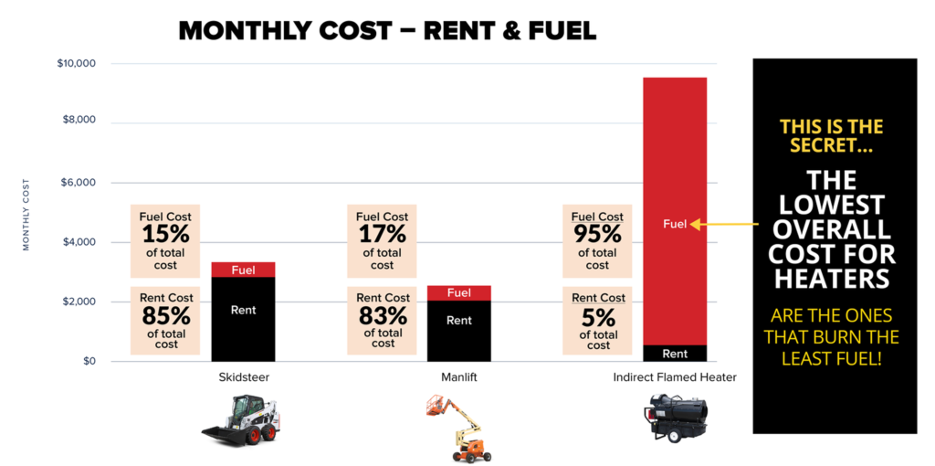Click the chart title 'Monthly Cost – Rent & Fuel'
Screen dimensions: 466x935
(x=387, y=30)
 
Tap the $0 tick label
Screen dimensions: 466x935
(x=89, y=362)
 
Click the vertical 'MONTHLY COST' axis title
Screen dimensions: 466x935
(x=26, y=215)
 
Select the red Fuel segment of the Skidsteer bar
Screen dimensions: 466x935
(x=243, y=270)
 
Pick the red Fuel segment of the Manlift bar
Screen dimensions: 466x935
(x=459, y=292)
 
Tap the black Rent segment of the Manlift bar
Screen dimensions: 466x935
(x=459, y=330)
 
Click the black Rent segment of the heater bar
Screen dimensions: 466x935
(x=675, y=353)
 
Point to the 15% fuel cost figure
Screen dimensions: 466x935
(x=165, y=235)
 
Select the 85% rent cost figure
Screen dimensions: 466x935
(x=166, y=316)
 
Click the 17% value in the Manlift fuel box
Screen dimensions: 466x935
(x=382, y=235)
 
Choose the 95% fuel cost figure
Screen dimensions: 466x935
(x=597, y=235)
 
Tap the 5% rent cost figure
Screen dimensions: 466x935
(x=598, y=316)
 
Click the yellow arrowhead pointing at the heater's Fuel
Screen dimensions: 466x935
(x=695, y=224)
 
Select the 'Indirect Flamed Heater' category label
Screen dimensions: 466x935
(x=675, y=377)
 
